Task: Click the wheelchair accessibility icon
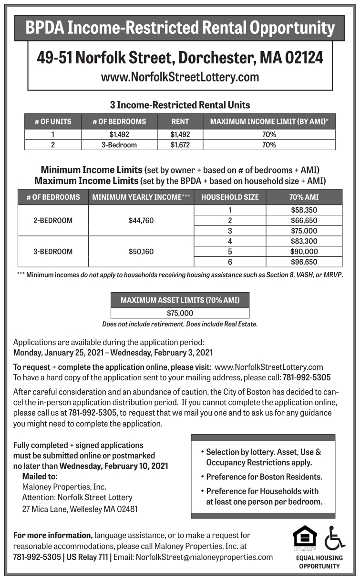coord(334,538)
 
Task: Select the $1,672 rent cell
coord(180,145)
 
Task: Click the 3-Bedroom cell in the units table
coord(119,145)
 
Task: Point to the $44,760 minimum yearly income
coord(141,220)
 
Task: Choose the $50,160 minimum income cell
coord(141,251)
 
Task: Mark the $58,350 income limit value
coord(304,210)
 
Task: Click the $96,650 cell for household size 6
coord(304,262)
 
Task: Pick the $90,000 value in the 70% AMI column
coord(304,251)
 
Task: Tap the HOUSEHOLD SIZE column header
coord(230,197)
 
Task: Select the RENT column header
coord(180,122)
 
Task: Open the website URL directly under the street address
coord(180,77)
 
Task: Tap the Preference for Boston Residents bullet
coord(264,477)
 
